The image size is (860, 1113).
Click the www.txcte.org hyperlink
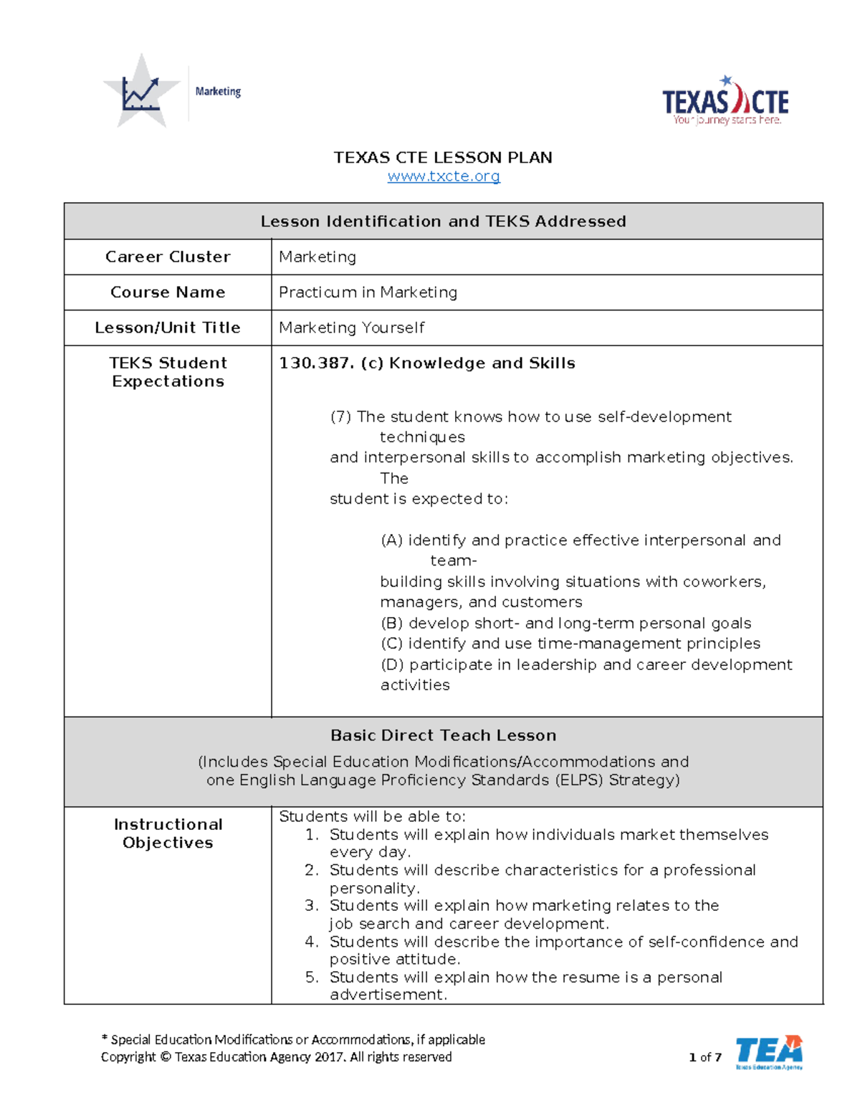(x=444, y=176)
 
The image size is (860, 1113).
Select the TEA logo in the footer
(x=768, y=1052)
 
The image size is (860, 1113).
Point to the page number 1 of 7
(x=704, y=1057)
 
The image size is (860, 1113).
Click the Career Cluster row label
(x=168, y=257)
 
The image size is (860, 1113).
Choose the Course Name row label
(x=168, y=292)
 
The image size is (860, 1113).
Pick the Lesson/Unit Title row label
(x=168, y=328)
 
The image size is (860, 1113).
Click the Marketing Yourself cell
(x=351, y=328)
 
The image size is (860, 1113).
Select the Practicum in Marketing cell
(x=368, y=292)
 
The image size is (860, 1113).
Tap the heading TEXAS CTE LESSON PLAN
(x=443, y=158)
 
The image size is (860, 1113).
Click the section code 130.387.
(x=316, y=363)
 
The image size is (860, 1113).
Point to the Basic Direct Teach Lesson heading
(x=443, y=735)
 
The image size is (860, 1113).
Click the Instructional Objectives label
(x=168, y=833)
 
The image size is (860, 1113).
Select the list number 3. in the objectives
(x=312, y=906)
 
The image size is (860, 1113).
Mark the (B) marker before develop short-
(x=391, y=624)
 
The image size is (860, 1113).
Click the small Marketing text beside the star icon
(x=218, y=92)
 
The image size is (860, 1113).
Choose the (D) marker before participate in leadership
(x=392, y=665)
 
